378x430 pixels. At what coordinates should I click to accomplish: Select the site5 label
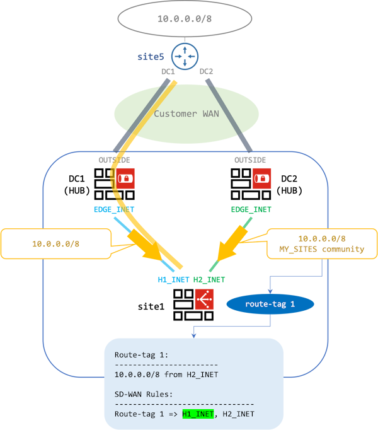click(x=151, y=57)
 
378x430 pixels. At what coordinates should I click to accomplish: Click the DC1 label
click(x=168, y=72)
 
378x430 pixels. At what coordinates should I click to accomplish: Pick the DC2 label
click(x=206, y=72)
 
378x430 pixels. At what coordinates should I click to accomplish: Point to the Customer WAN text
click(x=186, y=114)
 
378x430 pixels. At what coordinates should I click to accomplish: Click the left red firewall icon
click(x=127, y=178)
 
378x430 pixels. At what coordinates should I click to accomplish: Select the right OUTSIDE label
click(x=250, y=160)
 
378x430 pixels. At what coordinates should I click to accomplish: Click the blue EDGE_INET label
click(x=114, y=209)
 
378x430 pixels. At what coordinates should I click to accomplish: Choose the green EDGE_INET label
click(x=251, y=209)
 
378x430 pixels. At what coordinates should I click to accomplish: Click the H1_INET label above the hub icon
click(x=173, y=279)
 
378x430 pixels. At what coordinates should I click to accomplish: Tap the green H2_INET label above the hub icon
click(x=209, y=279)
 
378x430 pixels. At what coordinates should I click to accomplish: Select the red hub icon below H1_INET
click(x=205, y=298)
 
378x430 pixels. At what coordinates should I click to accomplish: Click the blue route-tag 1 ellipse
click(x=270, y=304)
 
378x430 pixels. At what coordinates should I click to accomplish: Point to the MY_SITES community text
click(x=322, y=249)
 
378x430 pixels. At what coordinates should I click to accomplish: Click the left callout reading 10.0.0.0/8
click(x=56, y=244)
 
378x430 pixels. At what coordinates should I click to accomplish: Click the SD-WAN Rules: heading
click(x=144, y=394)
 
